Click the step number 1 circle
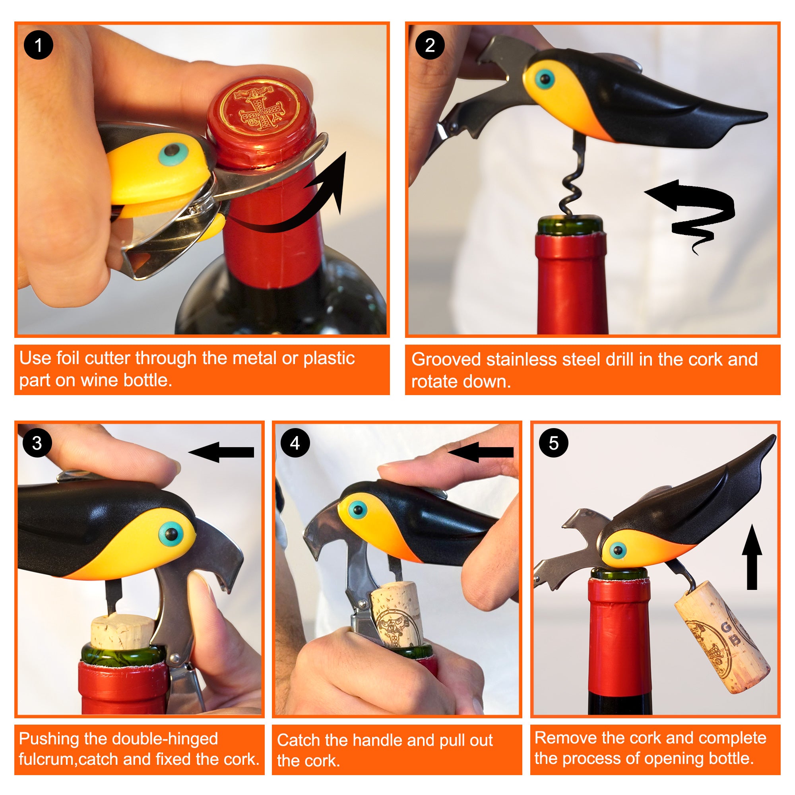point(38,45)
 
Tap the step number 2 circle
point(430,45)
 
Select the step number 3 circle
point(37,443)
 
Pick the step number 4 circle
point(295,443)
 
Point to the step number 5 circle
point(553,443)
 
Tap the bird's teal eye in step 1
point(174,154)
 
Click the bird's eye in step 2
point(546,78)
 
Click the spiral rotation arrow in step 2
point(695,210)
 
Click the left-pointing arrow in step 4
point(481,452)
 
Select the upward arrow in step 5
point(752,558)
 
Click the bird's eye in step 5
point(618,550)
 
